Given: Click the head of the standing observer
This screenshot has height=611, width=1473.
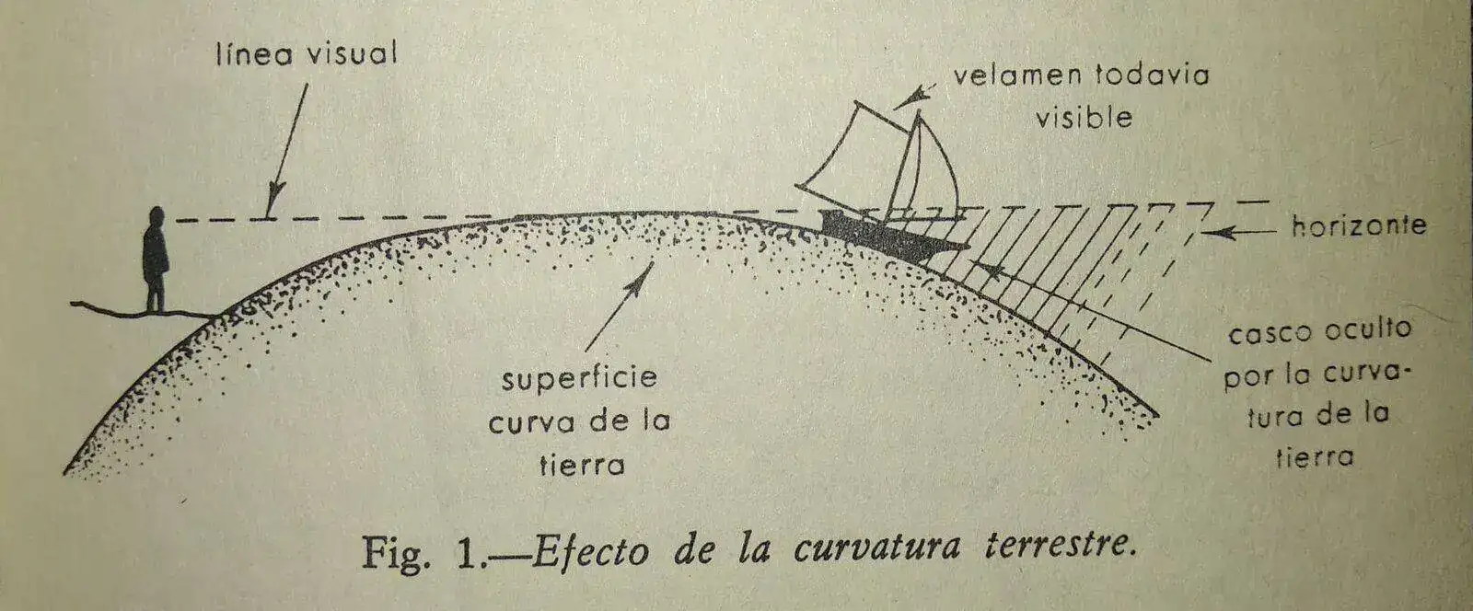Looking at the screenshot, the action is pos(157,217).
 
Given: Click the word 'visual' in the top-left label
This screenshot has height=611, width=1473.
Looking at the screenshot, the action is pos(353,53).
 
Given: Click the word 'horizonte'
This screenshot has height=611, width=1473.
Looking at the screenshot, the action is pos(1359,226).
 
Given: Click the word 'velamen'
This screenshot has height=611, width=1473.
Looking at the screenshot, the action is pos(1017,75).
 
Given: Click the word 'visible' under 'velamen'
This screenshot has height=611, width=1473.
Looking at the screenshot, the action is pos(1084,117).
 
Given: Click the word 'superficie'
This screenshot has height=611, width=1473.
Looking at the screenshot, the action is pos(579,379).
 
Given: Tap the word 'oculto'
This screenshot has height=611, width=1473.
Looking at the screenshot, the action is pos(1368,328).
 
